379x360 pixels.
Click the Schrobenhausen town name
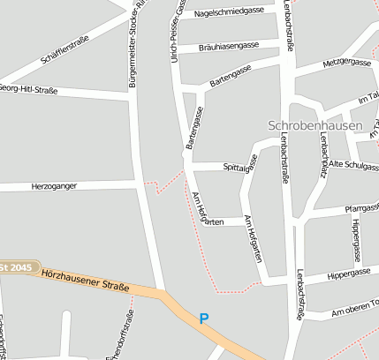(315, 125)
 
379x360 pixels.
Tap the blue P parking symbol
(205, 319)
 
